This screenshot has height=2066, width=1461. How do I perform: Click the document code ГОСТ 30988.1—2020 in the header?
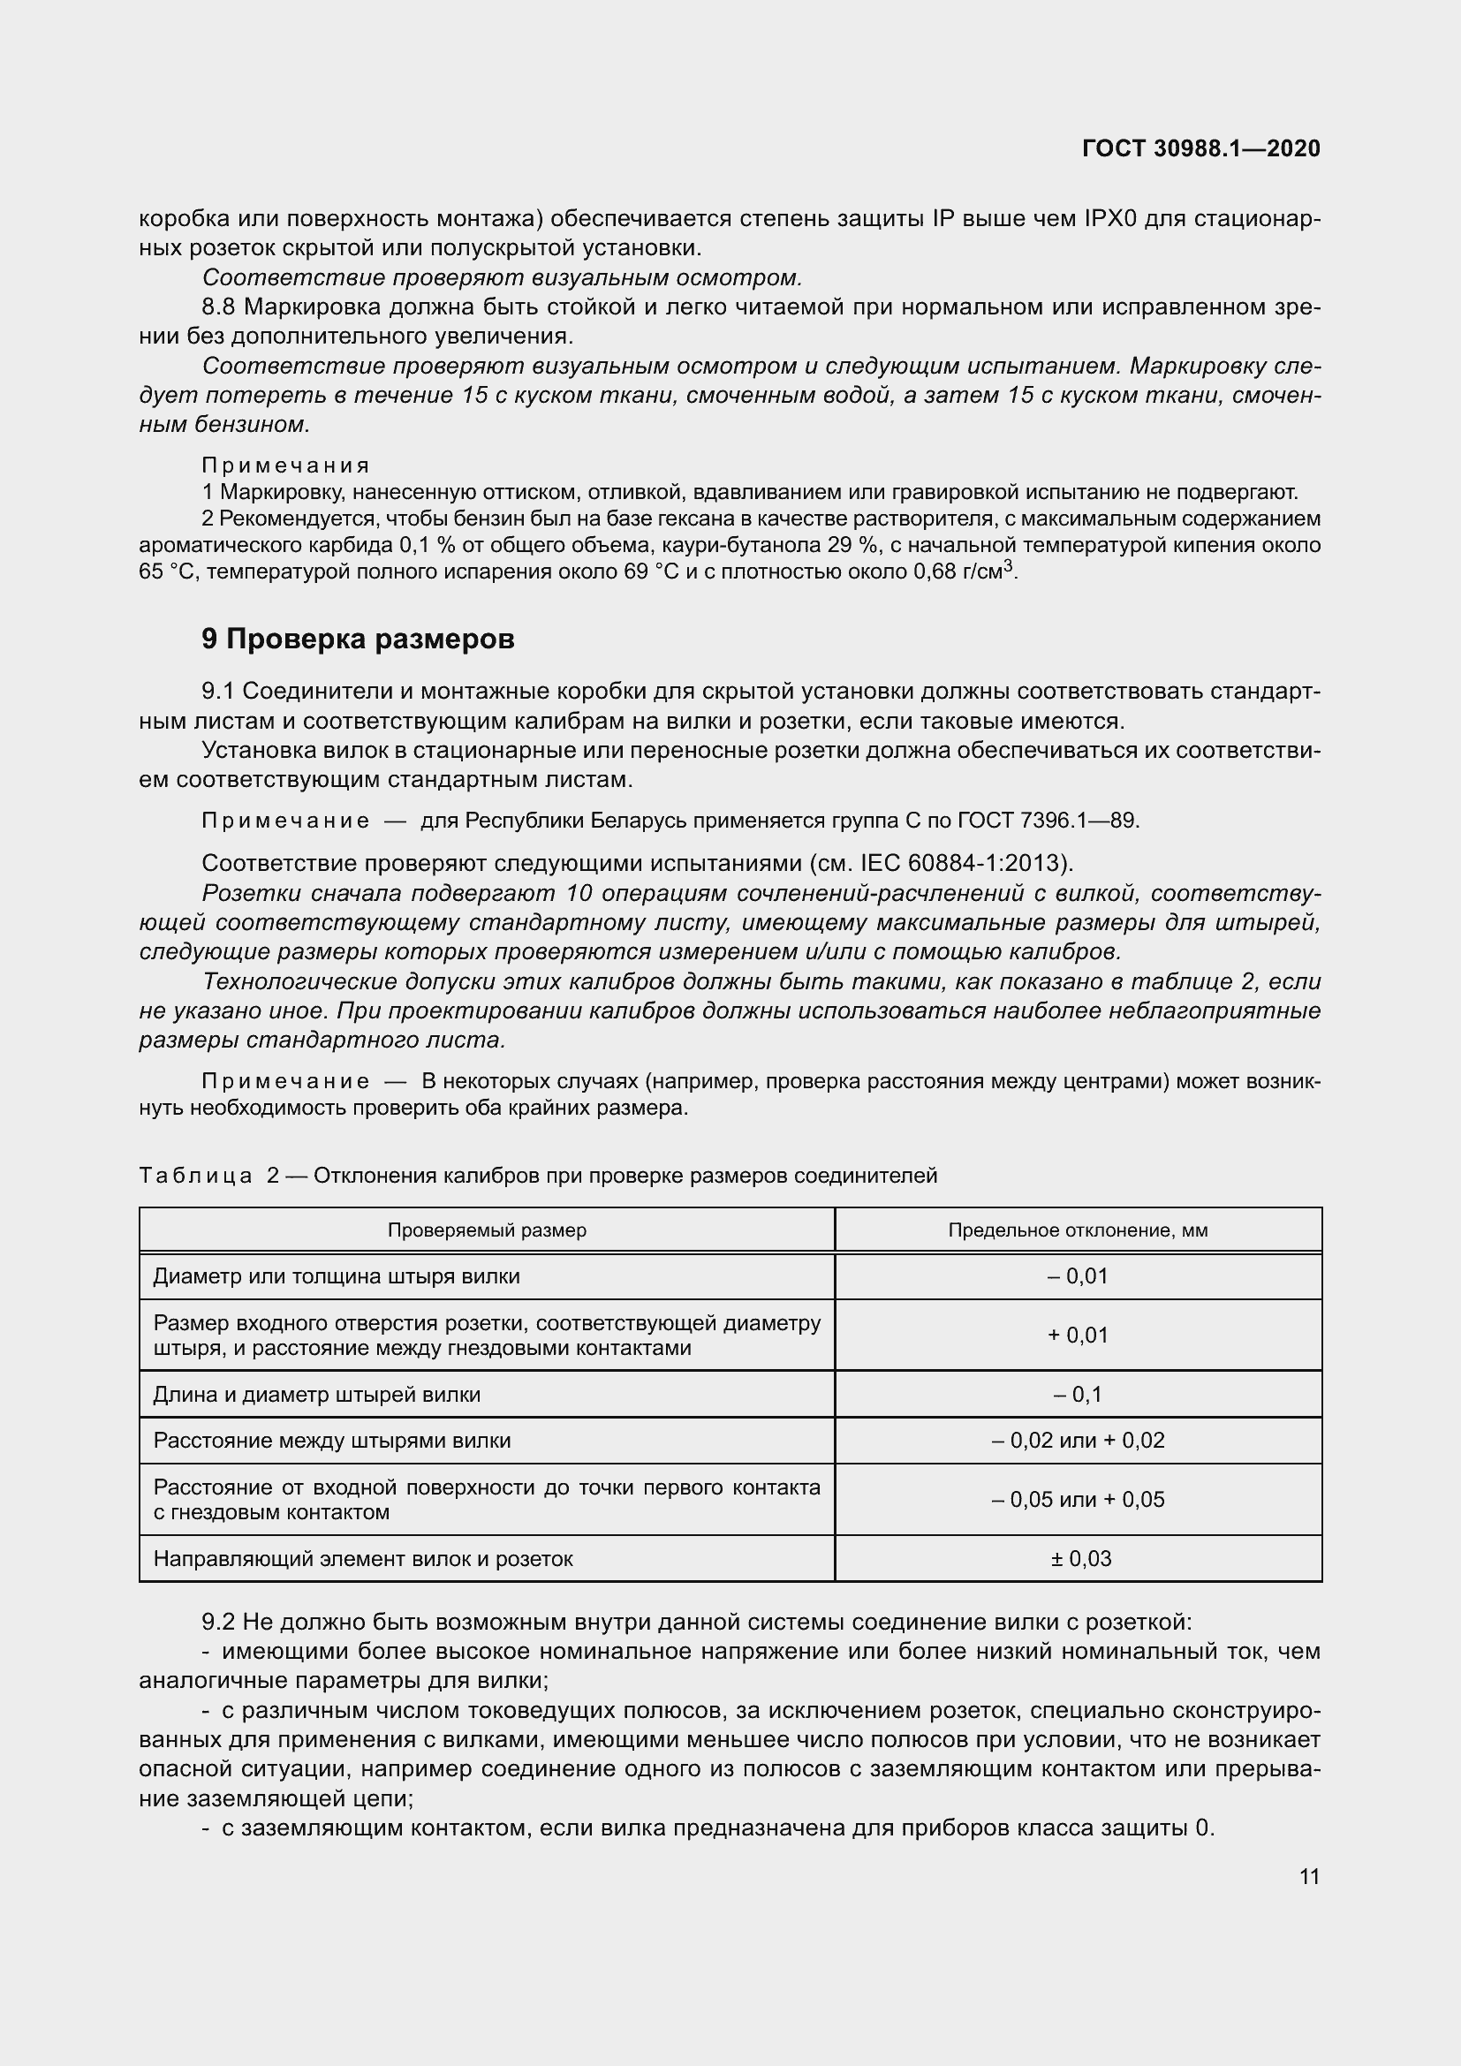point(1201,148)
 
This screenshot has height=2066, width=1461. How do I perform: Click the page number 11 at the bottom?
point(1309,1876)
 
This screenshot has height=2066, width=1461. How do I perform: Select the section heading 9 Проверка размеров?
point(358,639)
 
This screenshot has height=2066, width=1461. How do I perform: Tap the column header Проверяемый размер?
point(487,1230)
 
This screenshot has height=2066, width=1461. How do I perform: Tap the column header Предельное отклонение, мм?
point(1078,1230)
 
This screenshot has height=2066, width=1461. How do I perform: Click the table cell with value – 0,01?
point(1078,1276)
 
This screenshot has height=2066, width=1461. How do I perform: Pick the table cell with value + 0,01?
point(1078,1336)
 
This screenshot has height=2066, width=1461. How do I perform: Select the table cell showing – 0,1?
point(1078,1395)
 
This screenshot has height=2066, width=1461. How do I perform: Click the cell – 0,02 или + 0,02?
point(1078,1441)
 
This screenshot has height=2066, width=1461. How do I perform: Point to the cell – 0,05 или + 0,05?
point(1078,1499)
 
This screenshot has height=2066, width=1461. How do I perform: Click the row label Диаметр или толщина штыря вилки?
point(337,1276)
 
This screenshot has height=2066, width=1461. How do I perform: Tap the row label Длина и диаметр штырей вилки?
point(317,1395)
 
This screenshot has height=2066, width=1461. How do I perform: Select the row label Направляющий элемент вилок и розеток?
point(363,1558)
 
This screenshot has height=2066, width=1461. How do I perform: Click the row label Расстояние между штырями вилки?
point(332,1441)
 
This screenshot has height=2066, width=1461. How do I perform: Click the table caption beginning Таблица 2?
point(538,1175)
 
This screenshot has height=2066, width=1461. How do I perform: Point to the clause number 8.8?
point(217,306)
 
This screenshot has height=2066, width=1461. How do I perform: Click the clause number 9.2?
point(217,1623)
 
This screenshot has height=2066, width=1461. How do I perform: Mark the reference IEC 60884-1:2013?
point(963,863)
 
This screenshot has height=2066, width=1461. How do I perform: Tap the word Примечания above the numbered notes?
point(285,465)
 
